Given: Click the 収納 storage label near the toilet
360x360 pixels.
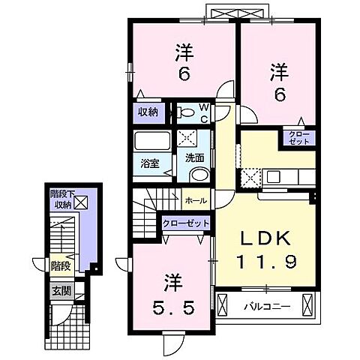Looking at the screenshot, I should click(148, 112).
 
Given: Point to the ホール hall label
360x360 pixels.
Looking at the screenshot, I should click(196, 200).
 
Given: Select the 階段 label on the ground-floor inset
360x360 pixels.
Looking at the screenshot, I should click(60, 265).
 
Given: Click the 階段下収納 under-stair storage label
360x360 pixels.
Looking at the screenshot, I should click(60, 199).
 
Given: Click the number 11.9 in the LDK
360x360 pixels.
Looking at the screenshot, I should click(263, 263).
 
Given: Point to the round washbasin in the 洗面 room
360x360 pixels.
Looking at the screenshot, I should click(199, 174).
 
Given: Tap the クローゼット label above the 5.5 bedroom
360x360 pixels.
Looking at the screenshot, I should click(185, 223).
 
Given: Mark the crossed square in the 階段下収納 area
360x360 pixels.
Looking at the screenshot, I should click(80, 201).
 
